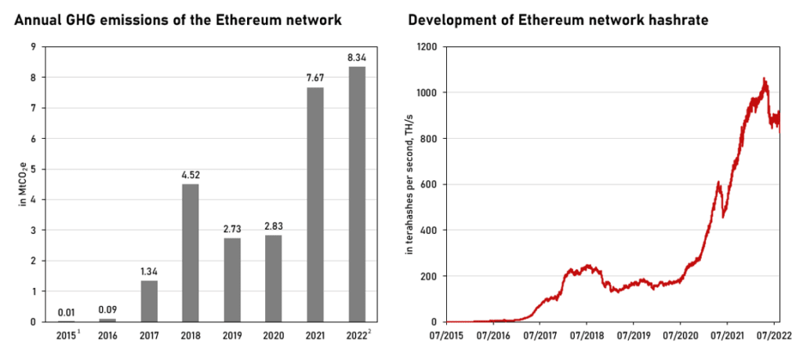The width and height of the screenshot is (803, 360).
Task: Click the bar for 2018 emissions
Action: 190,253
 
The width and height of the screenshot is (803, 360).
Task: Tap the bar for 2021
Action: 315,204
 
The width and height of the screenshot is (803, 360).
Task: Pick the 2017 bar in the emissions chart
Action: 148,301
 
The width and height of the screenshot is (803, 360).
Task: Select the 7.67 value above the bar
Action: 315,78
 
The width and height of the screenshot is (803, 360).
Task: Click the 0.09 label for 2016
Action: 107,310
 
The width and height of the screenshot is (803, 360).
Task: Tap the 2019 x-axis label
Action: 231,337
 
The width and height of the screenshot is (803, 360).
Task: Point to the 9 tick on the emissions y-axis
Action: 33,46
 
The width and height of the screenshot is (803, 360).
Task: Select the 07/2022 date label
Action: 773,337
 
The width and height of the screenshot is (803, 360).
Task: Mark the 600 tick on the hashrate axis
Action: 429,184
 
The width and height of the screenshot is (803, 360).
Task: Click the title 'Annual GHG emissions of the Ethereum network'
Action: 177,20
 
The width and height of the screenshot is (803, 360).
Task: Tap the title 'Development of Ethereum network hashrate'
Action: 558,20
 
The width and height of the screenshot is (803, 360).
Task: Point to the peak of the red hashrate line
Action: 764,78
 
